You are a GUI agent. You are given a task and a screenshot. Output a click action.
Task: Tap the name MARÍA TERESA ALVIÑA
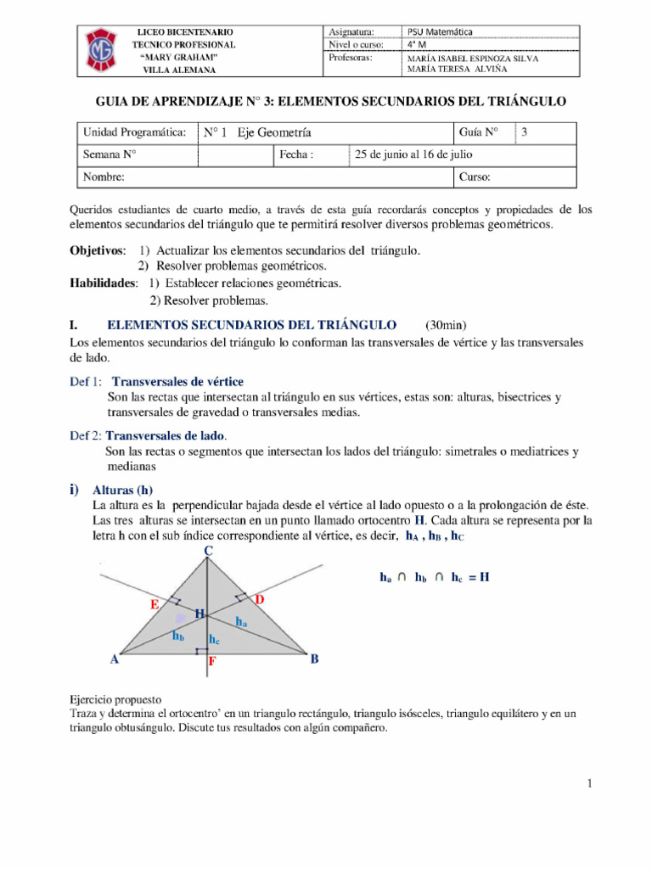point(459,70)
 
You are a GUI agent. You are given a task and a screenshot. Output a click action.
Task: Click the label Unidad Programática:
point(133,133)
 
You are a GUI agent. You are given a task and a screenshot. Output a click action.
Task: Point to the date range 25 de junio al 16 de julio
point(413,154)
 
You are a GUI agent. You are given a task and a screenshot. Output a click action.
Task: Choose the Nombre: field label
point(104,177)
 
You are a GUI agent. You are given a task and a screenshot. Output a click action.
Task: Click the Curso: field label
point(475,177)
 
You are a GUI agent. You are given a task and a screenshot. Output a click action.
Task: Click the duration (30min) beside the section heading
point(445,325)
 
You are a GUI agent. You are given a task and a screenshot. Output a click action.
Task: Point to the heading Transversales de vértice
point(177,382)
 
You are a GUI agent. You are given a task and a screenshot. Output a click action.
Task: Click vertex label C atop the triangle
point(207,552)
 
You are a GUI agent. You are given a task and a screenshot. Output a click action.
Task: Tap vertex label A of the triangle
point(114,659)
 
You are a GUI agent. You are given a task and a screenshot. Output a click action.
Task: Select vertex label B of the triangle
point(314,659)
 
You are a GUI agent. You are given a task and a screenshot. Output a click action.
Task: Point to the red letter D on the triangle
point(260,600)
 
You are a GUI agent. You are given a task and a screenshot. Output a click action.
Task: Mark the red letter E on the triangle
point(155,605)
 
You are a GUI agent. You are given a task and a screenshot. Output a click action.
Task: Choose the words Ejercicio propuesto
point(115,700)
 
